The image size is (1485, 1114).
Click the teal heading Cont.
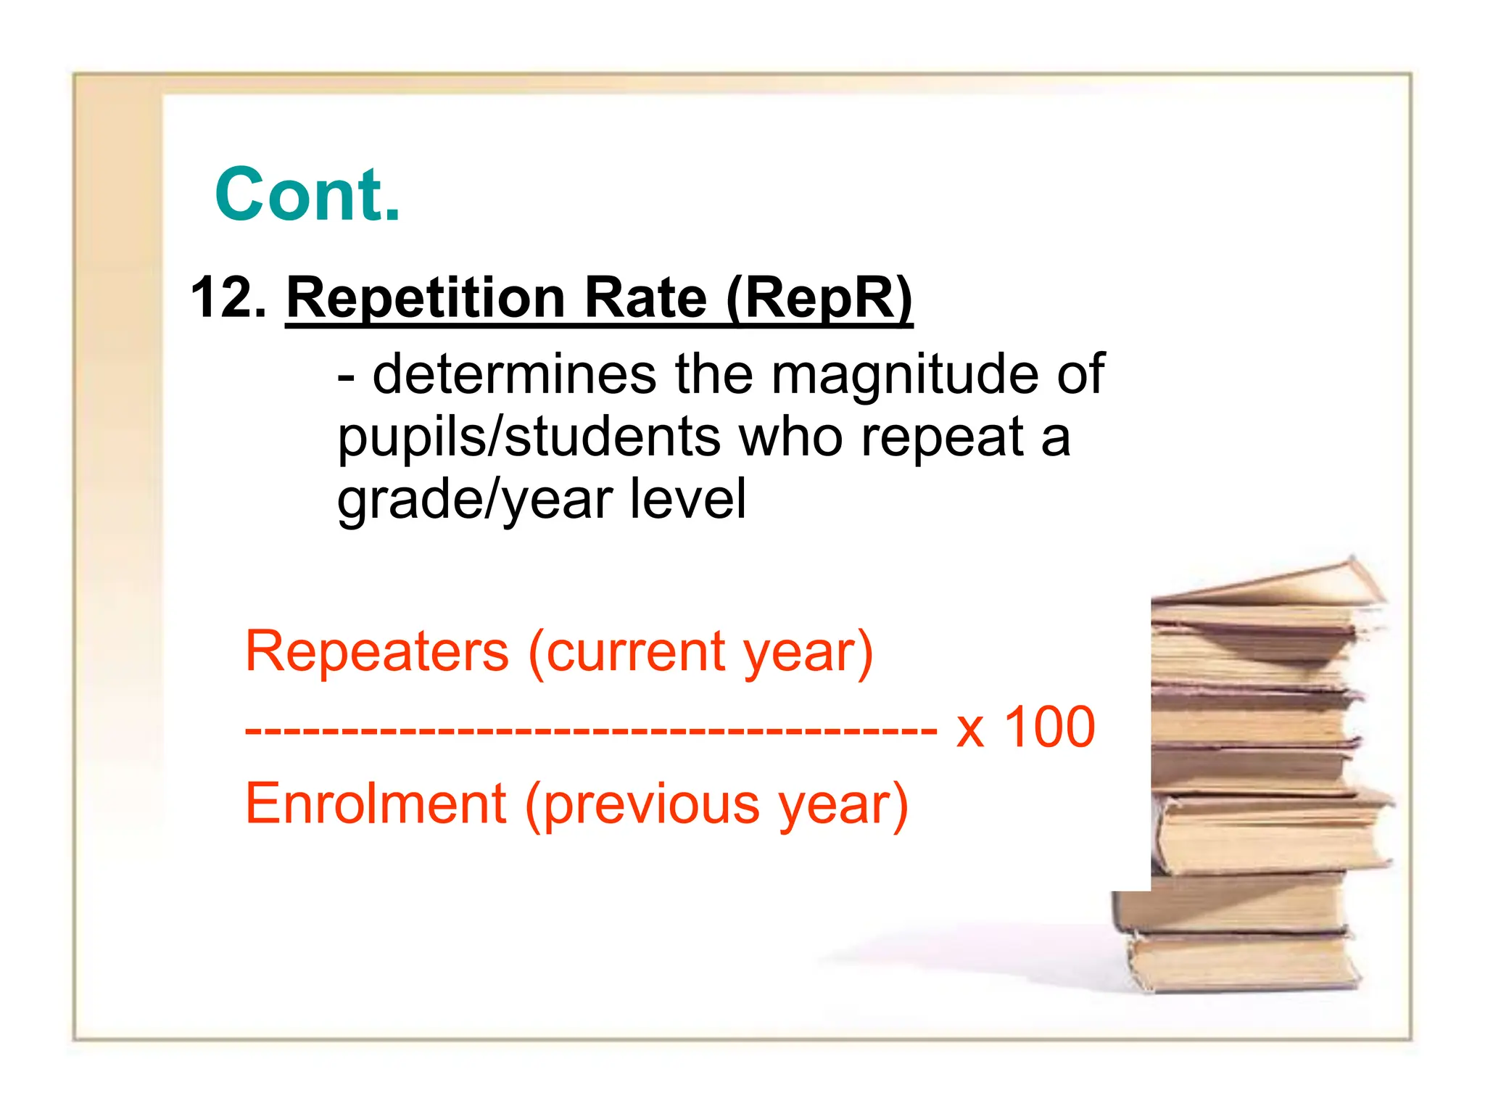click(307, 194)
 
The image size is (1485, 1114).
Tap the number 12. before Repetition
click(228, 297)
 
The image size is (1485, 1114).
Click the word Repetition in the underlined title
click(425, 299)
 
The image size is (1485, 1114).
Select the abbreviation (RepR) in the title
click(819, 299)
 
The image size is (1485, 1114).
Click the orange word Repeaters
click(377, 651)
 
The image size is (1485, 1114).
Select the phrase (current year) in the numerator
click(700, 652)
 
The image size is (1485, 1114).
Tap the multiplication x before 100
click(970, 730)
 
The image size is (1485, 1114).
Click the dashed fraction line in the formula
click(591, 730)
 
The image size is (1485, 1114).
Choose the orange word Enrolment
click(376, 804)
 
